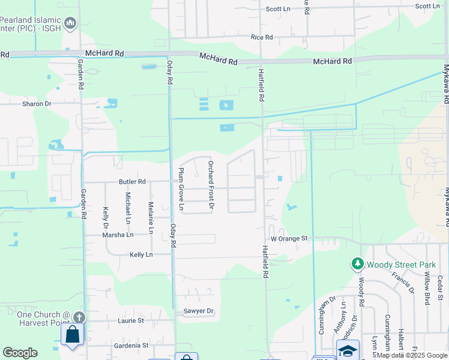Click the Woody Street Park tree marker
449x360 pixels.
click(x=358, y=264)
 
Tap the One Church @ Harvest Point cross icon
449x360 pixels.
click(x=79, y=317)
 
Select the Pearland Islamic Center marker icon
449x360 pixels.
click(x=70, y=23)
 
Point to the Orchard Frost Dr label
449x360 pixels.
click(x=211, y=185)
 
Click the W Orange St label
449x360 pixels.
click(x=289, y=238)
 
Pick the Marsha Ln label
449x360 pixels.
click(x=118, y=235)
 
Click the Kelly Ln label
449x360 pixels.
click(x=141, y=254)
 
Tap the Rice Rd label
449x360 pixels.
click(x=262, y=37)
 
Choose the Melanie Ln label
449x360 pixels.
click(x=151, y=218)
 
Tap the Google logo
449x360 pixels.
click(x=20, y=353)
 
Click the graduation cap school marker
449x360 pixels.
click(x=348, y=349)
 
